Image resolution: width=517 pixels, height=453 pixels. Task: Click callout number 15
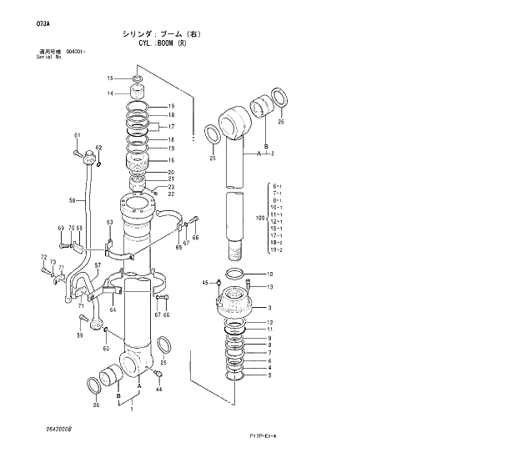(109, 78)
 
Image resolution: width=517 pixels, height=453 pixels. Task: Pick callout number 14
(109, 93)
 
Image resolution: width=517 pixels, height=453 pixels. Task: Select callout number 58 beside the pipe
(72, 200)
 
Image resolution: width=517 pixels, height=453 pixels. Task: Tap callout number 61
(77, 136)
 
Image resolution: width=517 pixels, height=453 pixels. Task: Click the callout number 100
(258, 218)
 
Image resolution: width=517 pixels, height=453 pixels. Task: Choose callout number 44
(159, 390)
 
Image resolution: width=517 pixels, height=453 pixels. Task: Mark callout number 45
(205, 284)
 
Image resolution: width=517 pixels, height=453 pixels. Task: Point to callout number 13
(269, 288)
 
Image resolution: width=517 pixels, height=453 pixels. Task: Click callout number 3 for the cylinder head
(269, 307)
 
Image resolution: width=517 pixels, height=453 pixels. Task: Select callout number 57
(98, 265)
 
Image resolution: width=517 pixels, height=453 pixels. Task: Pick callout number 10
(269, 274)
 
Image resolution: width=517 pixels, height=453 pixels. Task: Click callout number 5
(269, 375)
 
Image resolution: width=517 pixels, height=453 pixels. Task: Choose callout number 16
(171, 160)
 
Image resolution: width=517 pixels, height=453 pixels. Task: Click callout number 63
(109, 222)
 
